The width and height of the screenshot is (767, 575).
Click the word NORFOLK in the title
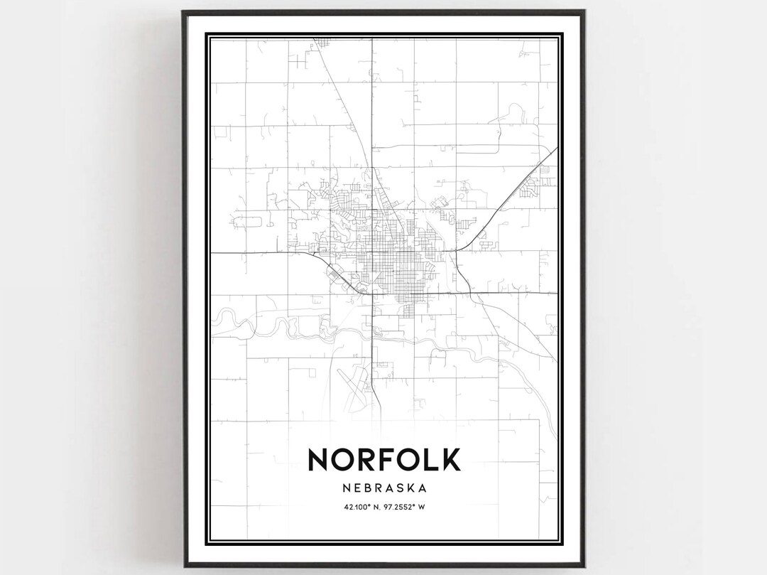click(x=384, y=459)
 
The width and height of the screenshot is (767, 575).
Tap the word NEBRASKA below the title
click(x=384, y=488)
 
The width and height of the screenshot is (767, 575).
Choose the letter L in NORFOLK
click(x=429, y=459)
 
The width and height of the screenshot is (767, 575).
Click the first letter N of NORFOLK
click(x=318, y=459)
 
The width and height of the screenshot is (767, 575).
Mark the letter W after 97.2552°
click(x=421, y=507)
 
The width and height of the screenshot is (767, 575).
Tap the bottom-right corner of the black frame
click(x=584, y=566)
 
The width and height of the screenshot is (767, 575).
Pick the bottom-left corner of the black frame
click(x=183, y=566)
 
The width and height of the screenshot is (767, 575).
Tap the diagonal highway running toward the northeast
click(x=511, y=192)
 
